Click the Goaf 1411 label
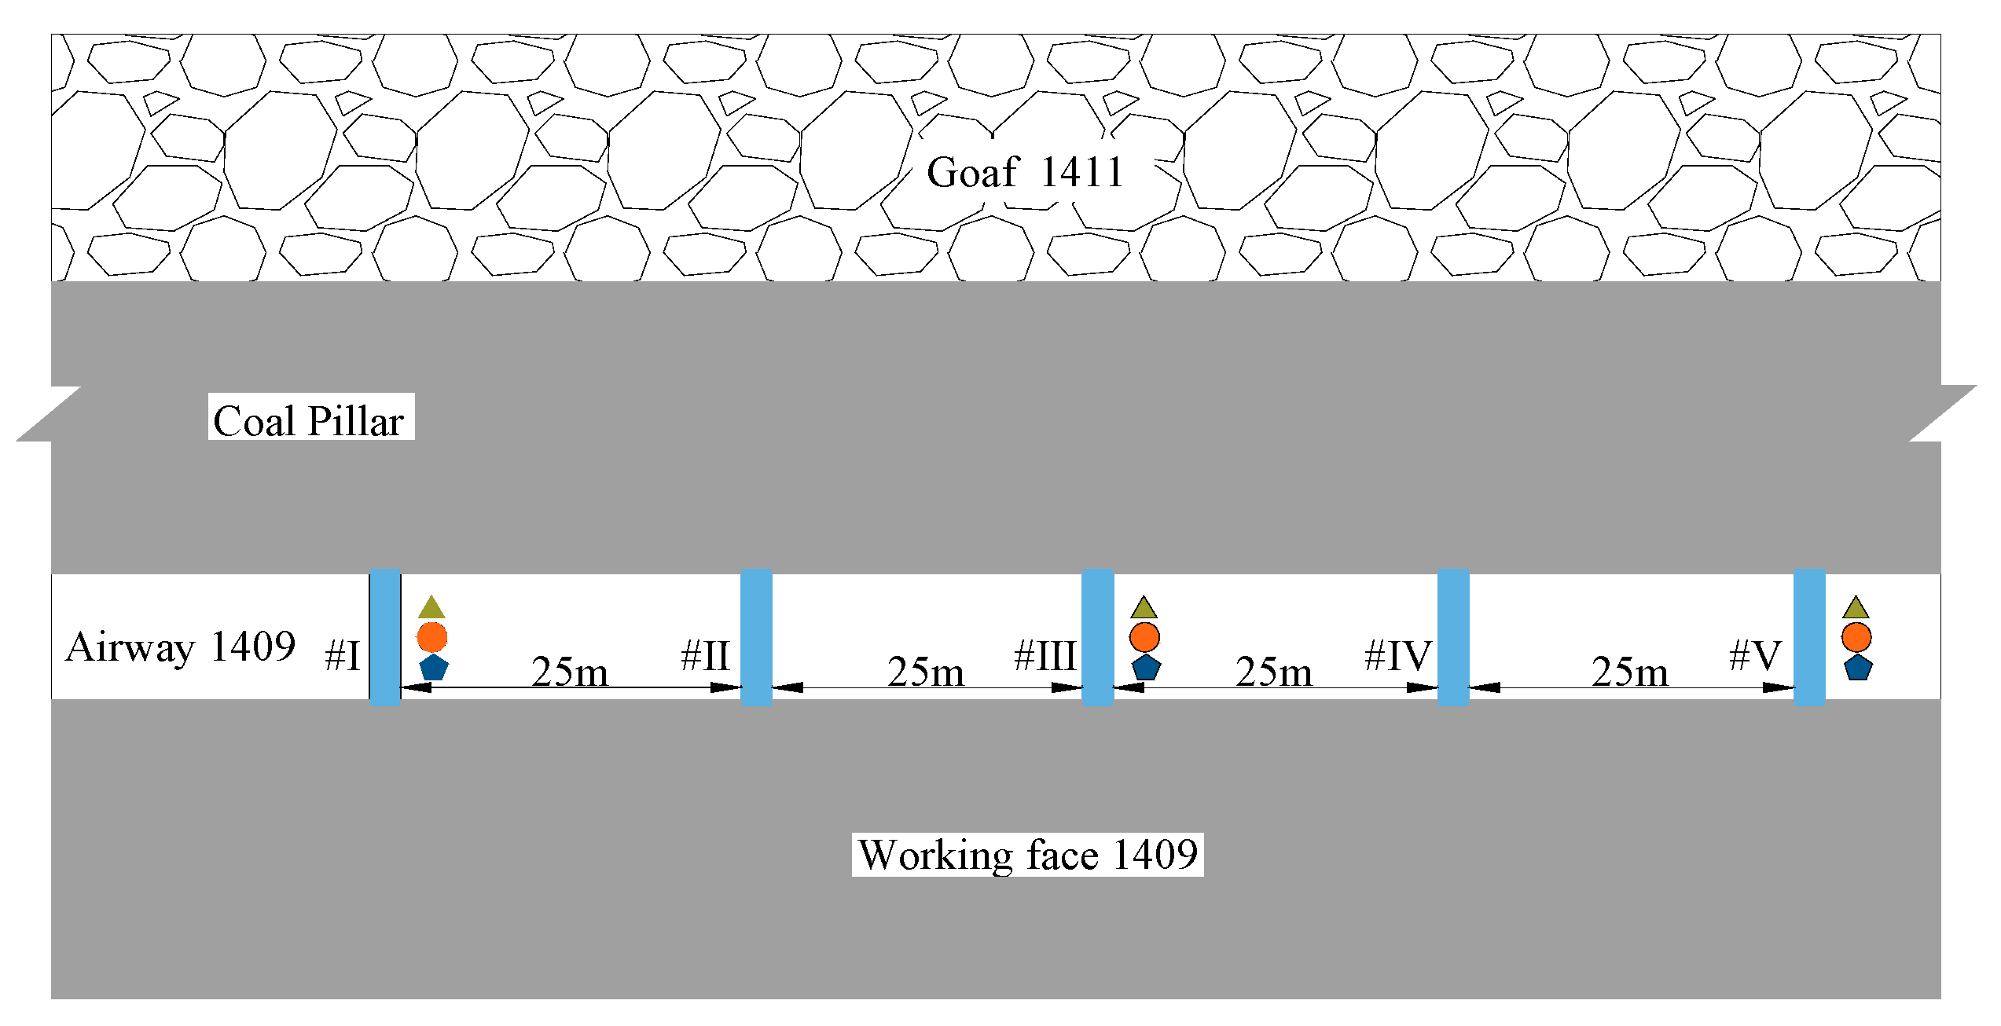pos(1025,172)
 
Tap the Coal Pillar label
pos(309,421)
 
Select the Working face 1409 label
pos(1028,855)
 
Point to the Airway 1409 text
pos(181,647)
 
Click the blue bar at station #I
pos(385,637)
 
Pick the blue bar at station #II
pos(756,637)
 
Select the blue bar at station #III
pos(1097,637)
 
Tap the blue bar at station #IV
pos(1453,637)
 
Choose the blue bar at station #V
pos(1809,637)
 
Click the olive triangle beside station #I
pos(431,608)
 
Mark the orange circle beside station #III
pos(1144,637)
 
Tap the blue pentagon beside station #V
pos(1858,668)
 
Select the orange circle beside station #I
pos(432,637)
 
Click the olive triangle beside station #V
pos(1856,608)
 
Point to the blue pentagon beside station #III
pos(1147,668)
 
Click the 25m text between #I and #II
pos(570,672)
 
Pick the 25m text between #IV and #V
pos(1630,672)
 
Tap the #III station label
pos(1045,656)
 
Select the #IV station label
pos(1398,656)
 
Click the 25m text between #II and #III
pos(926,672)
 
